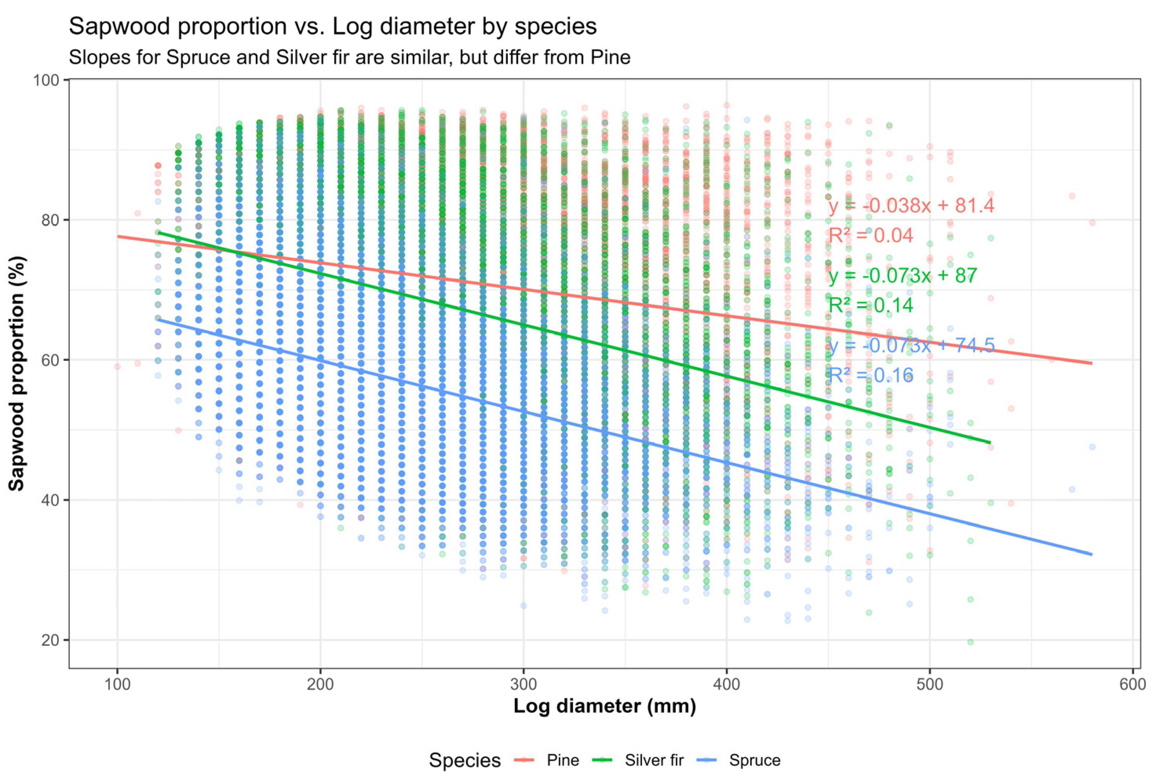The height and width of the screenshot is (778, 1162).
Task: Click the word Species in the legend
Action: tap(464, 760)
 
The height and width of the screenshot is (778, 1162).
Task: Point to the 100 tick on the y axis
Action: tap(46, 80)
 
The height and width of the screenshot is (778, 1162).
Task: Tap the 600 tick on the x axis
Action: tap(1133, 685)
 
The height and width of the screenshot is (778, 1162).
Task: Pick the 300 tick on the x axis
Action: tap(524, 685)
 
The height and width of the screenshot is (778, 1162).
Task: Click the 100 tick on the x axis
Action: tap(117, 685)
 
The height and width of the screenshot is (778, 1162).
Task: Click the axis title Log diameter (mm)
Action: tap(604, 706)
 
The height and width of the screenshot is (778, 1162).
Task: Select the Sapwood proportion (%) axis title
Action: tap(17, 373)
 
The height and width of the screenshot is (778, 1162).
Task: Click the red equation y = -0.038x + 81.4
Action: tap(911, 205)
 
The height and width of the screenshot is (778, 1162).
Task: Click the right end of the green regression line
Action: tap(990, 442)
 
